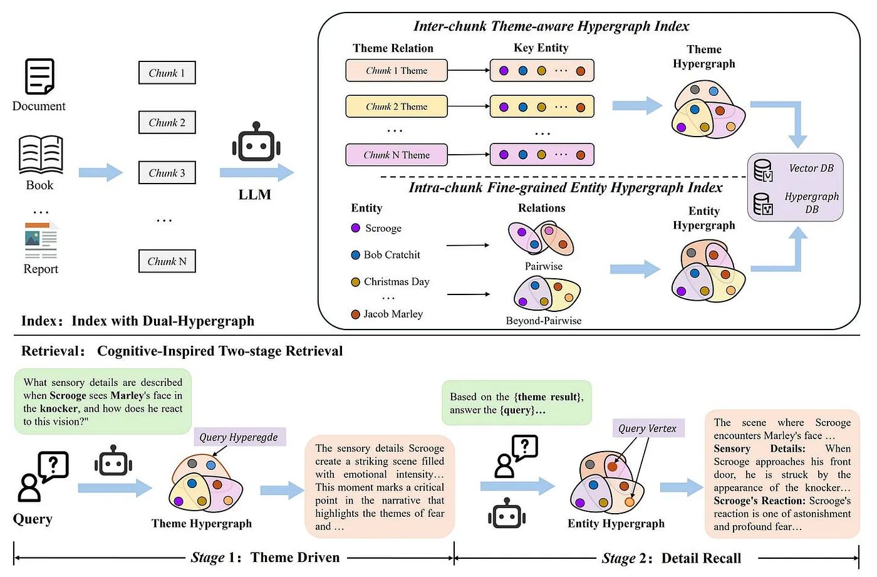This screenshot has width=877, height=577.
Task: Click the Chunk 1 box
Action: [x=167, y=73]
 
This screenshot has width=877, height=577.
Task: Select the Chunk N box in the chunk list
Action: [x=167, y=261]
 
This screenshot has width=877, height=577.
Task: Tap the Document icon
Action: [x=39, y=76]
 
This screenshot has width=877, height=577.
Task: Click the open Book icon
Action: [x=41, y=154]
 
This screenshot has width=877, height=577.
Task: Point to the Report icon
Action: [x=41, y=241]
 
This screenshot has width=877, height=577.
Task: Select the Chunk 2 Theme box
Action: [x=397, y=107]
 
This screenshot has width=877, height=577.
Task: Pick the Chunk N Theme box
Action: [x=397, y=155]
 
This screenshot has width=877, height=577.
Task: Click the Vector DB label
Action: [x=811, y=169]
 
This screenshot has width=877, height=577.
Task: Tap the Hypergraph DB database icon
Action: [x=763, y=204]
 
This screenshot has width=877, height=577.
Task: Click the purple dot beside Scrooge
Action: [x=356, y=228]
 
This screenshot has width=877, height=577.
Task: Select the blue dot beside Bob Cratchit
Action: [x=356, y=255]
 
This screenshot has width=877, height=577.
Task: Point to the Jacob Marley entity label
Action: [x=393, y=314]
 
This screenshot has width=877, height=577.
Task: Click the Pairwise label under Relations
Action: [x=544, y=266]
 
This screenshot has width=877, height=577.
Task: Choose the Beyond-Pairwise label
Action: [x=544, y=321]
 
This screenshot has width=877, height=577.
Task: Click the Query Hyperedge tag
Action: [x=239, y=437]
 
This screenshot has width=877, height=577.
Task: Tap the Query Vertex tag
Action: [x=647, y=429]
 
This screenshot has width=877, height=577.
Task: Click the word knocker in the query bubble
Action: [x=59, y=408]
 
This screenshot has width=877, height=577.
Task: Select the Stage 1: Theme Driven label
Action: [x=265, y=558]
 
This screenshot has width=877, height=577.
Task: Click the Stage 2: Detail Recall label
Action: [x=672, y=558]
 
